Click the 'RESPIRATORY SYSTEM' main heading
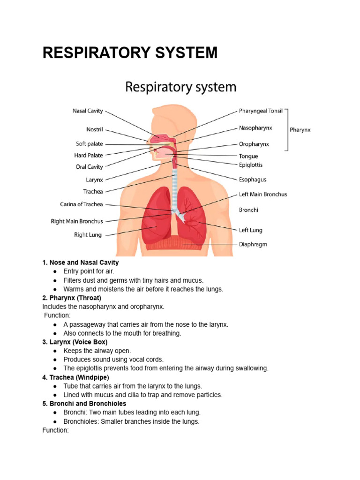[x=130, y=53]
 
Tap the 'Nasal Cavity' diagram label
[x=88, y=111]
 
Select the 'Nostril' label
[x=94, y=129]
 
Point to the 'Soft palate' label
[x=89, y=144]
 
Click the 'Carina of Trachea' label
[x=81, y=204]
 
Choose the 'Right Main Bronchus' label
[x=77, y=221]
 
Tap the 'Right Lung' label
[x=88, y=235]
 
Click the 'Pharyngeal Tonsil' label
[x=261, y=111]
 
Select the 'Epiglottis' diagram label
[x=251, y=165]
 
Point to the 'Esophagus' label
[x=253, y=180]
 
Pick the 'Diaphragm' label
[x=253, y=244]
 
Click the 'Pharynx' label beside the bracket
[x=300, y=130]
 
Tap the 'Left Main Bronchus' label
[x=262, y=194]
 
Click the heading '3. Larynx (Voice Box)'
[x=75, y=342]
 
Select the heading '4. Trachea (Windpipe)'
[x=76, y=377]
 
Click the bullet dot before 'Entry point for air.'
[x=55, y=271]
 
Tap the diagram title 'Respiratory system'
[x=180, y=88]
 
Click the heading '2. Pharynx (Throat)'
[x=72, y=298]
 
